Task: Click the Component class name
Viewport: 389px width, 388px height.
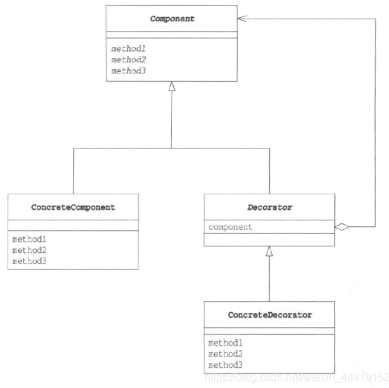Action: (172, 19)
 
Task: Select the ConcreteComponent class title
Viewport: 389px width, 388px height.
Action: (73, 207)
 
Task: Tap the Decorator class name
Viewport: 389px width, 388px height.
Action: (270, 207)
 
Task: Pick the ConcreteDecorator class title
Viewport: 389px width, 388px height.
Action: (270, 315)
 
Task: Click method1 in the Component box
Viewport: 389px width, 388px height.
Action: (128, 49)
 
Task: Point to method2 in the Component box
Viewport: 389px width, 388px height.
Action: (128, 60)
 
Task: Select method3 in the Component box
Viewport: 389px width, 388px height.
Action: (128, 71)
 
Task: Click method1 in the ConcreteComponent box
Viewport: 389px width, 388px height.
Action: (29, 239)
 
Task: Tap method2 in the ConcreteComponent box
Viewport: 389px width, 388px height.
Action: (29, 250)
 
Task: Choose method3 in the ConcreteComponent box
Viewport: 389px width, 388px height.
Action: (29, 261)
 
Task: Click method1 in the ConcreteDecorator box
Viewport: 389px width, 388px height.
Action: (225, 343)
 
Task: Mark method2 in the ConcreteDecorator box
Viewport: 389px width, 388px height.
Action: (225, 354)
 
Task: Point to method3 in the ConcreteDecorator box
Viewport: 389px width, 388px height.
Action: (225, 365)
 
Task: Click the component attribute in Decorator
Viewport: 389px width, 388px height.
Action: (230, 227)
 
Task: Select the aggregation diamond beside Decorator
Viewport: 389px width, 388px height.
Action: (342, 227)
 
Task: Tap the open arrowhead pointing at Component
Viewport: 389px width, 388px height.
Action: (242, 18)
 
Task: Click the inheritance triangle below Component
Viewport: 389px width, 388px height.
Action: (172, 86)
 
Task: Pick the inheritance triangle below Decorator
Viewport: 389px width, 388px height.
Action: (269, 251)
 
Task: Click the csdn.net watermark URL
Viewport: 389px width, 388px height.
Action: (296, 377)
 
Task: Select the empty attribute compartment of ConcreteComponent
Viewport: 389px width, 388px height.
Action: (73, 226)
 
